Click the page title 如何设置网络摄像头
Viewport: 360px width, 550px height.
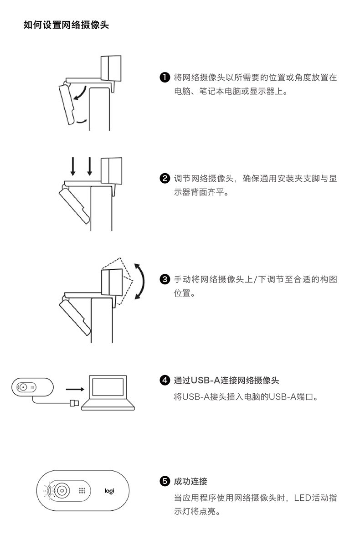(x=66, y=25)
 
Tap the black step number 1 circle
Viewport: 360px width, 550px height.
(x=165, y=77)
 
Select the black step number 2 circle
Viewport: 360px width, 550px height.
(x=165, y=178)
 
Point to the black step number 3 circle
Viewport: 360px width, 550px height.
(x=165, y=279)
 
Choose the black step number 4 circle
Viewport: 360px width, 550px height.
(x=165, y=380)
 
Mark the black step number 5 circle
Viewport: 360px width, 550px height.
(x=165, y=481)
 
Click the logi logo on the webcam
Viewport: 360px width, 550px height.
(x=109, y=491)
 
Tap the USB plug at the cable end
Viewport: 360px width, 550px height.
(x=74, y=403)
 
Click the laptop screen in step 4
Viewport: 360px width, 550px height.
(x=108, y=387)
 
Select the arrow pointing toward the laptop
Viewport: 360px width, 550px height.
(x=75, y=389)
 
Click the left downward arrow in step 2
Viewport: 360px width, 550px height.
(x=73, y=166)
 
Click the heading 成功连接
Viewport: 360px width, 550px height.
(x=190, y=481)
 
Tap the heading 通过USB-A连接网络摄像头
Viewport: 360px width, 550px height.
(x=226, y=380)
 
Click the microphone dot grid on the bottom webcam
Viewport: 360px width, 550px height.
(x=82, y=491)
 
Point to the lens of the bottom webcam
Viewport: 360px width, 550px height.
(x=62, y=491)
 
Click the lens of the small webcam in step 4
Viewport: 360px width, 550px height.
(x=23, y=387)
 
